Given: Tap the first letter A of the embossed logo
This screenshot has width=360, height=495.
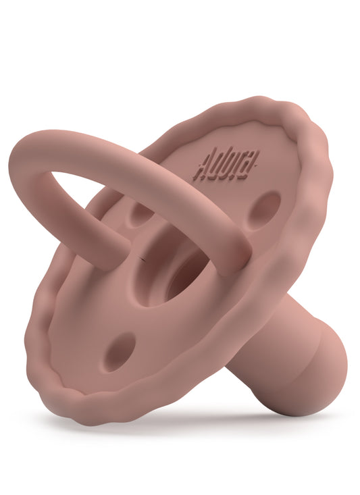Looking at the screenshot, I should (x=200, y=168).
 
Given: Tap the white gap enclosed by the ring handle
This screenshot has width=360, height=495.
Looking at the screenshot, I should (x=95, y=196).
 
